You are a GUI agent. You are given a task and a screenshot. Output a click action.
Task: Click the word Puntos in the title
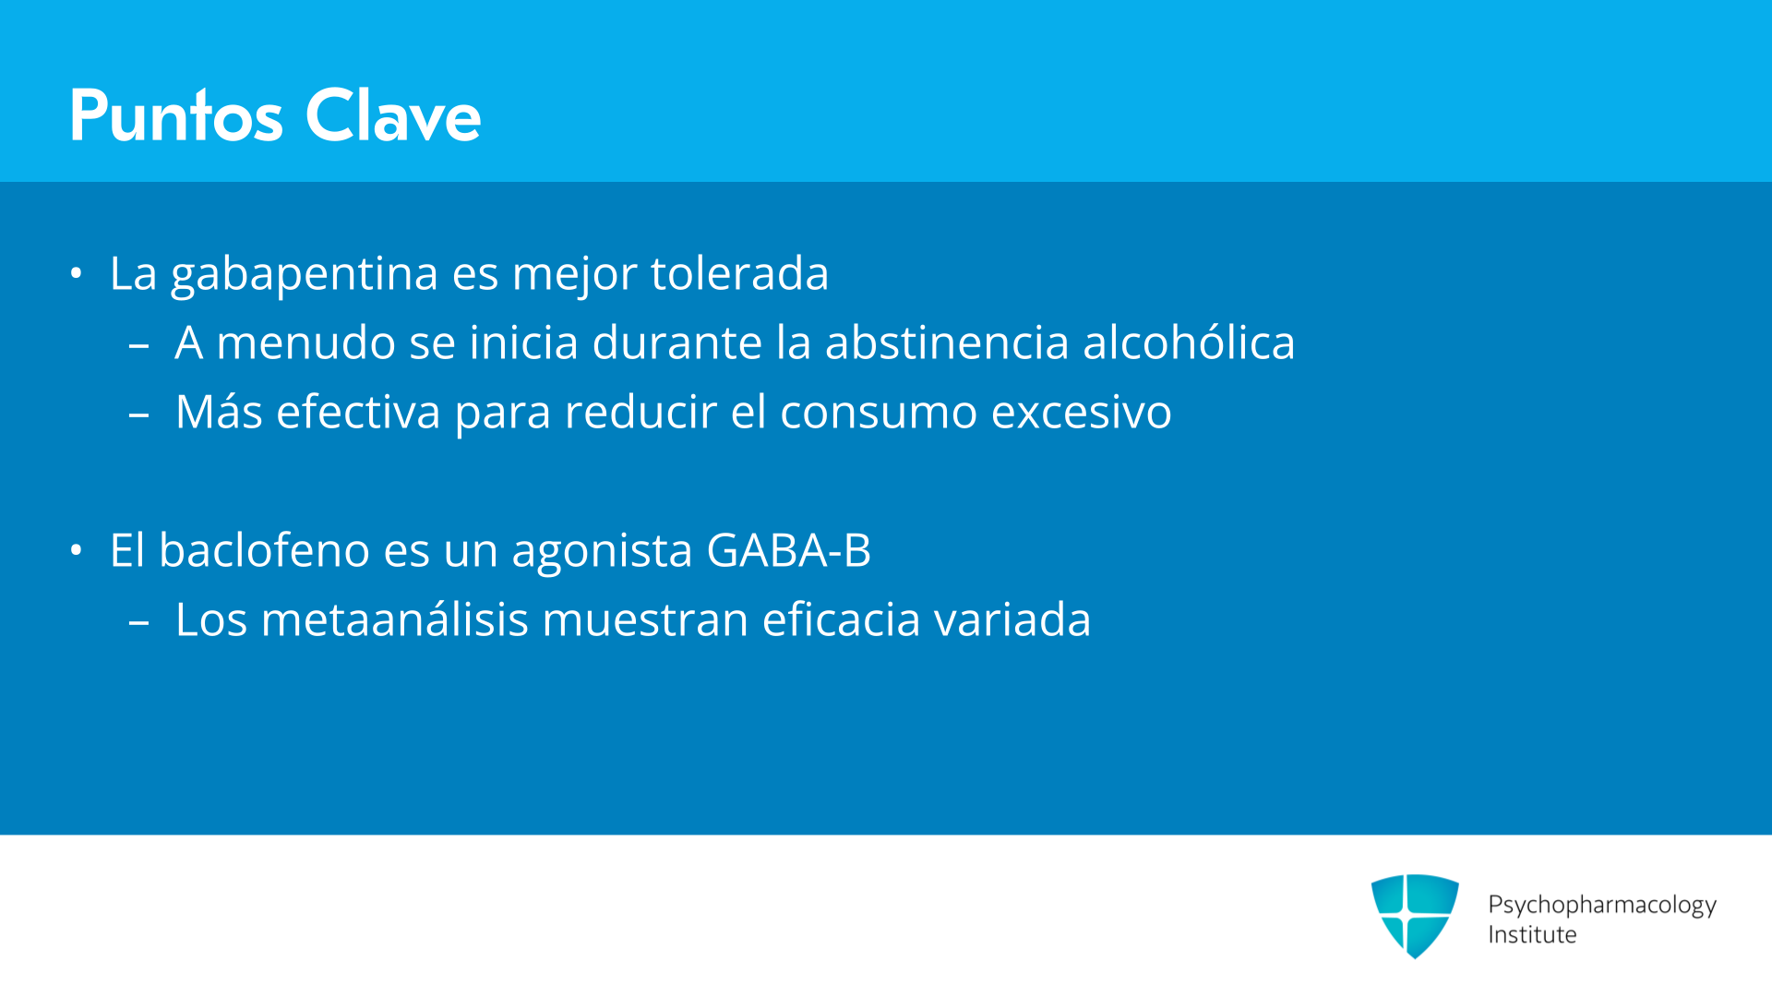tap(176, 115)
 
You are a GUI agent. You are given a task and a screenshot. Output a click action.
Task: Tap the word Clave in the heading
tap(393, 115)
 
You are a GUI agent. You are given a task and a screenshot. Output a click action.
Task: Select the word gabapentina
tap(305, 275)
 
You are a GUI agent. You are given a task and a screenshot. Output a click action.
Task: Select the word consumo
tap(879, 413)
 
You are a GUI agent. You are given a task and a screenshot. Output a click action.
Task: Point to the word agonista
tap(602, 552)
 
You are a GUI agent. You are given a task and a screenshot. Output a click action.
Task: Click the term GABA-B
tap(788, 550)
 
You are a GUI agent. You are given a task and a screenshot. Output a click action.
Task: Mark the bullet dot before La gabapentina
tap(76, 273)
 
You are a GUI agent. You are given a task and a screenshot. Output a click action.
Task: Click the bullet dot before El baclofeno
tap(76, 550)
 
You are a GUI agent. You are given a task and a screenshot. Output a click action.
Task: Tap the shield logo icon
tap(1415, 916)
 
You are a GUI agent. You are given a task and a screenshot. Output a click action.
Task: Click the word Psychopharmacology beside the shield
tap(1602, 906)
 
